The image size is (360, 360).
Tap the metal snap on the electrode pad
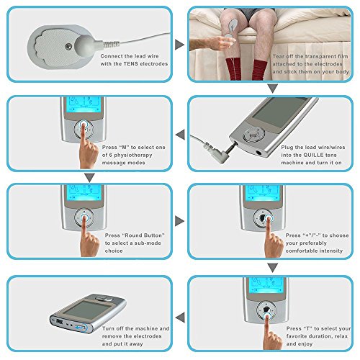pos(68,47)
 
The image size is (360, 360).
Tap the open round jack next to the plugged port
pos(259,152)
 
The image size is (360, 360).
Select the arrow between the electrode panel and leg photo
pos(179,45)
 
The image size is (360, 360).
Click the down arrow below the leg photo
pos(272,89)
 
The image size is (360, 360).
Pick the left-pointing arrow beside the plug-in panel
pos(180,135)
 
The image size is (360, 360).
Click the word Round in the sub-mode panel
pos(132,235)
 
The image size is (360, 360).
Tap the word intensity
pos(332,251)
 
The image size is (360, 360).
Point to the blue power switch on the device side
pos(80,328)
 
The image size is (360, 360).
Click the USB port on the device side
pos(59,321)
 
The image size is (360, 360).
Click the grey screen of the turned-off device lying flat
pos(88,310)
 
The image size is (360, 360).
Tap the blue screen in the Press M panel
pos(84,104)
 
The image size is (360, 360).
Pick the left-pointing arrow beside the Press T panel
pos(180,318)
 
